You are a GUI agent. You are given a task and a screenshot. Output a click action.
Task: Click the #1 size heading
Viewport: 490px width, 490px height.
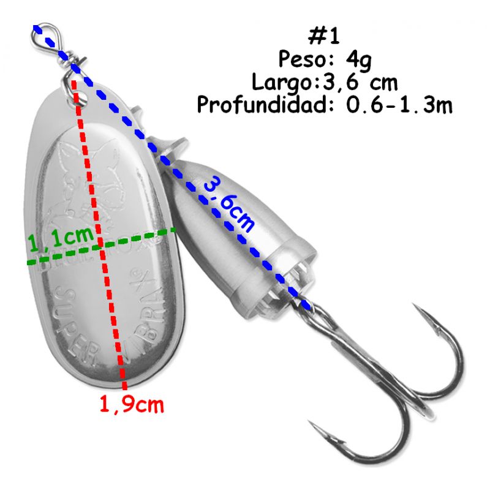pyautogui.click(x=324, y=36)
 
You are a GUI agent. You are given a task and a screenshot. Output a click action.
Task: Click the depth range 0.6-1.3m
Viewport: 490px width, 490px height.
pyautogui.click(x=399, y=105)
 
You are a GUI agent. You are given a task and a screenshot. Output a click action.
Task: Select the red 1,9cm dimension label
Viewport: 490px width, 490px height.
pyautogui.click(x=132, y=405)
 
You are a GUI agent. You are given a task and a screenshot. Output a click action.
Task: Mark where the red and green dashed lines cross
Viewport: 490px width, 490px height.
pyautogui.click(x=100, y=246)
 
